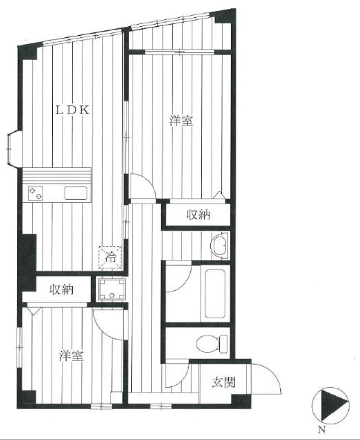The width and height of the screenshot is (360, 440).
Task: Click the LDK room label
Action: point(73,110)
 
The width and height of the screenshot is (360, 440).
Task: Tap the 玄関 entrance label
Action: point(223,382)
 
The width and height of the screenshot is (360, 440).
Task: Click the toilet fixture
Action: point(212,344)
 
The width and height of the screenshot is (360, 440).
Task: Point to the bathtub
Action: point(215,294)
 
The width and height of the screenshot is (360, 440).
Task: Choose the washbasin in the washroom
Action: point(220,245)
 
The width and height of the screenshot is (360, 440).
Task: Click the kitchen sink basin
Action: point(76,193)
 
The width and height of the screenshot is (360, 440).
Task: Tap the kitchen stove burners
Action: point(36,193)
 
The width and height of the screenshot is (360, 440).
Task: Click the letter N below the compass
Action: point(322,429)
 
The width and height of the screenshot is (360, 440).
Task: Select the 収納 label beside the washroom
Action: point(199,215)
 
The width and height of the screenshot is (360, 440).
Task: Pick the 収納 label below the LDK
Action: point(62,289)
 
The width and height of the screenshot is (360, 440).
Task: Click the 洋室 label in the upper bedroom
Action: point(181,121)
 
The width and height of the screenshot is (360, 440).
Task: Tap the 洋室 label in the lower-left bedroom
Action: point(71,356)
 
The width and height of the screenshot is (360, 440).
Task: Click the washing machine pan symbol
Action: point(111,289)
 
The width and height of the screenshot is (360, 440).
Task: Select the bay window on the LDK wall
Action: point(12,148)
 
